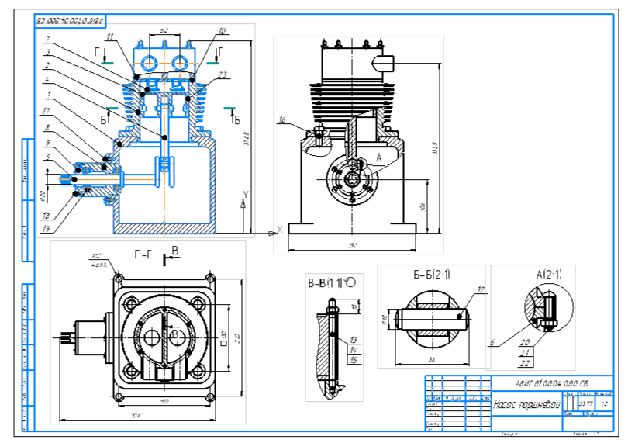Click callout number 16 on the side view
(x=282, y=120)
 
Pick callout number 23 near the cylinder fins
(x=222, y=74)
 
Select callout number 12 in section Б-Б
(x=481, y=289)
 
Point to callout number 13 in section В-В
(x=354, y=340)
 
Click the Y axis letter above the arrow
(x=246, y=193)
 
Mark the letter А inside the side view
(x=378, y=157)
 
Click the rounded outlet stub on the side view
(x=385, y=62)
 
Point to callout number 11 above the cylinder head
(x=110, y=36)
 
